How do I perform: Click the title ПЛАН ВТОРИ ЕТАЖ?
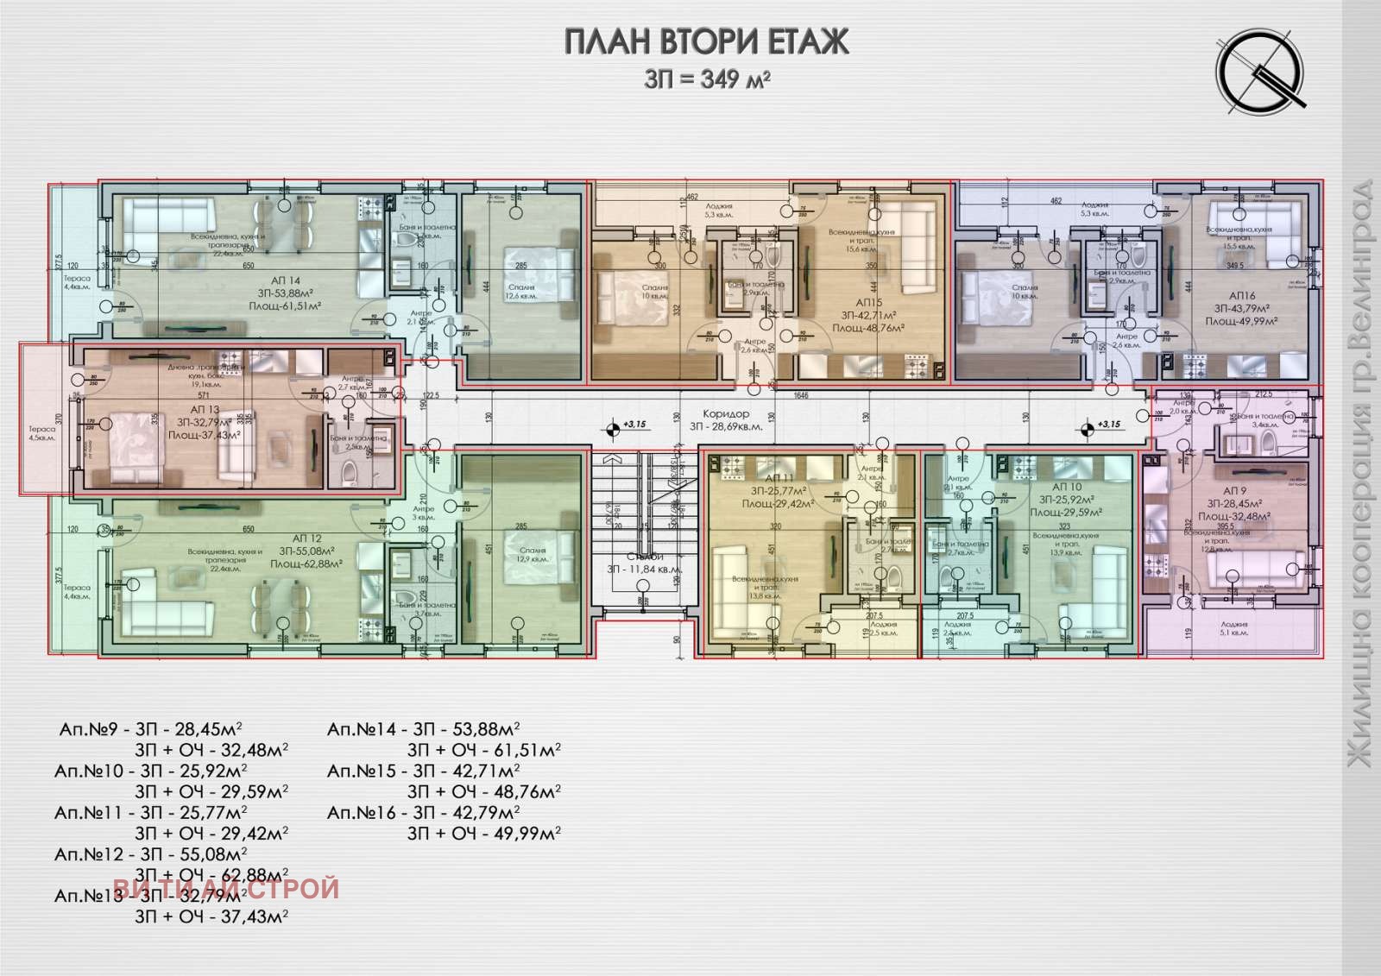click(706, 41)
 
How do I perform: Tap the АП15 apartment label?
click(868, 303)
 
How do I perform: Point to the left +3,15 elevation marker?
click(612, 425)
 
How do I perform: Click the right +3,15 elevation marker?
click(1086, 425)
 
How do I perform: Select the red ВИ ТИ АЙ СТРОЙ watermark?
click(226, 888)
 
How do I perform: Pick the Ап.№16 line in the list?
click(423, 812)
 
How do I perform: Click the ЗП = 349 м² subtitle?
click(706, 79)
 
